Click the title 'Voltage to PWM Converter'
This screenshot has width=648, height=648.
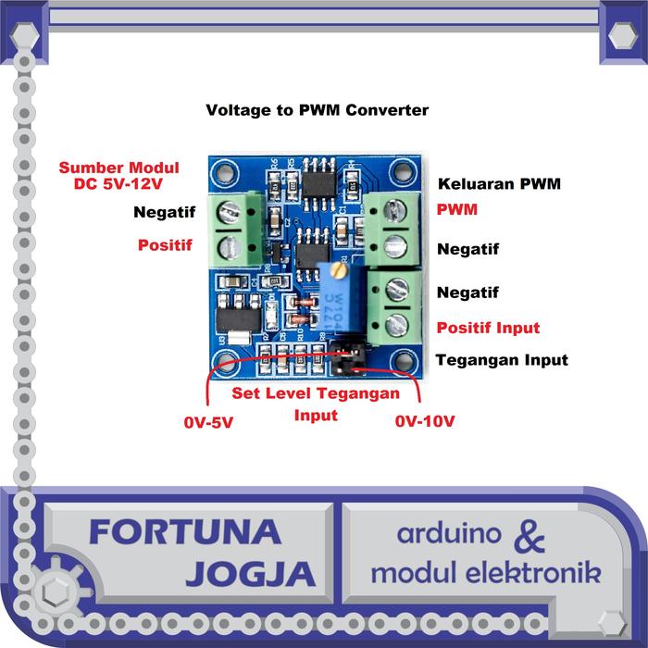(317, 110)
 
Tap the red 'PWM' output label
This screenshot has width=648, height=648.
(457, 209)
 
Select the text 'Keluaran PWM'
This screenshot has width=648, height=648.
(499, 182)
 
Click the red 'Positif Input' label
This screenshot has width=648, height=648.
(488, 328)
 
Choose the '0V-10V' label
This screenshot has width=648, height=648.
(425, 422)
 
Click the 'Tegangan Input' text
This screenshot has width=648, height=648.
(501, 359)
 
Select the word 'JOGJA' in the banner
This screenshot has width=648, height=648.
(250, 574)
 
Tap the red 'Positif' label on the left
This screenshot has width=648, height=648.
(165, 246)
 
